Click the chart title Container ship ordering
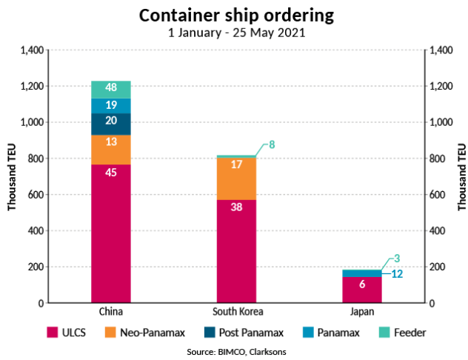click(234, 16)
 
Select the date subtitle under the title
click(234, 33)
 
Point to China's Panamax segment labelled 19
click(111, 105)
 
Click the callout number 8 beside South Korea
click(272, 144)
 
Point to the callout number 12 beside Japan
click(397, 274)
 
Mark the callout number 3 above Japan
click(397, 259)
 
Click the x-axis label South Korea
click(237, 311)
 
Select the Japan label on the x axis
click(361, 311)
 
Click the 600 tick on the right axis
click(438, 195)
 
